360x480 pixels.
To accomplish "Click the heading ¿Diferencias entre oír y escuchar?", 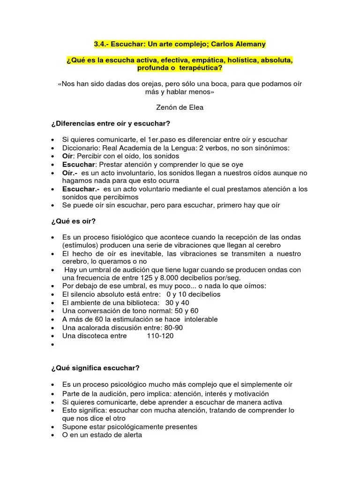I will click(111, 123).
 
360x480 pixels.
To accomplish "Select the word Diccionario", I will click(82, 148).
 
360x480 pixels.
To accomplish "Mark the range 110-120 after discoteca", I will click(161, 336).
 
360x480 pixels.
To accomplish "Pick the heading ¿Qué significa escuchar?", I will click(96, 368).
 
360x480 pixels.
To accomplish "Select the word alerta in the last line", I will click(131, 435).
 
